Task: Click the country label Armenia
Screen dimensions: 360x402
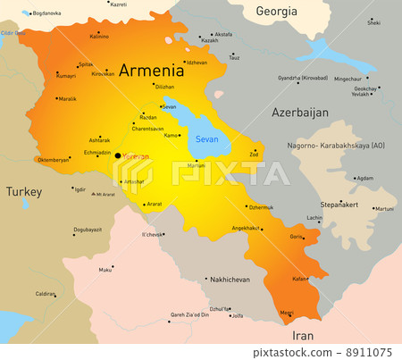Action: tap(151, 70)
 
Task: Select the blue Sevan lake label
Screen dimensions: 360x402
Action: tap(207, 139)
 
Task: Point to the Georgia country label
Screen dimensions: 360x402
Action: tap(276, 12)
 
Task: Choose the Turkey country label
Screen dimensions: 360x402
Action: tap(24, 191)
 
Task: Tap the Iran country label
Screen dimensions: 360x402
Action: tap(303, 336)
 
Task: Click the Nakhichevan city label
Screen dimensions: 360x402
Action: tap(230, 280)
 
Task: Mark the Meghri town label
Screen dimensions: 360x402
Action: tap(286, 313)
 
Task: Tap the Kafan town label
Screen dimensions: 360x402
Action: tap(300, 279)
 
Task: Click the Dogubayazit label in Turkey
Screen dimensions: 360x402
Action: tap(88, 230)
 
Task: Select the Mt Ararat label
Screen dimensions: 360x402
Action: tap(105, 194)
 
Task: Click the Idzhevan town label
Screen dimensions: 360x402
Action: tap(197, 63)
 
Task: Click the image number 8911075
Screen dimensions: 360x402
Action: tap(370, 353)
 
